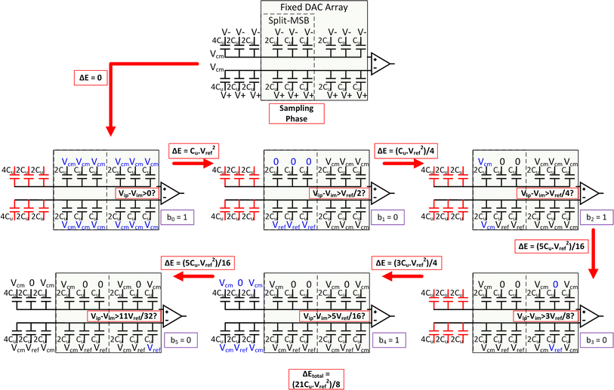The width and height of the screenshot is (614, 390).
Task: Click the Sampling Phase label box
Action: click(296, 113)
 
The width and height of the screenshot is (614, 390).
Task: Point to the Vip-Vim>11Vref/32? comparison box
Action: click(122, 316)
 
